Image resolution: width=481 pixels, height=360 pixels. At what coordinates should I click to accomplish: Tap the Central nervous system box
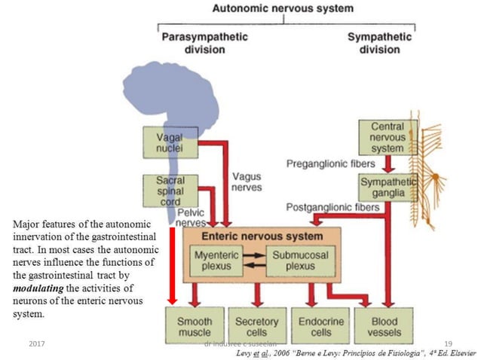coord(388,138)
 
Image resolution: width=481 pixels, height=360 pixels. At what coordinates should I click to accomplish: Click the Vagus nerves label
coord(247,182)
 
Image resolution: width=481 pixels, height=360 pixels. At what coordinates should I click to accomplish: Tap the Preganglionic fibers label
coord(326,163)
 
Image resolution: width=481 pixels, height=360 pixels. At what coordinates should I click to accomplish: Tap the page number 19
coord(448,343)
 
